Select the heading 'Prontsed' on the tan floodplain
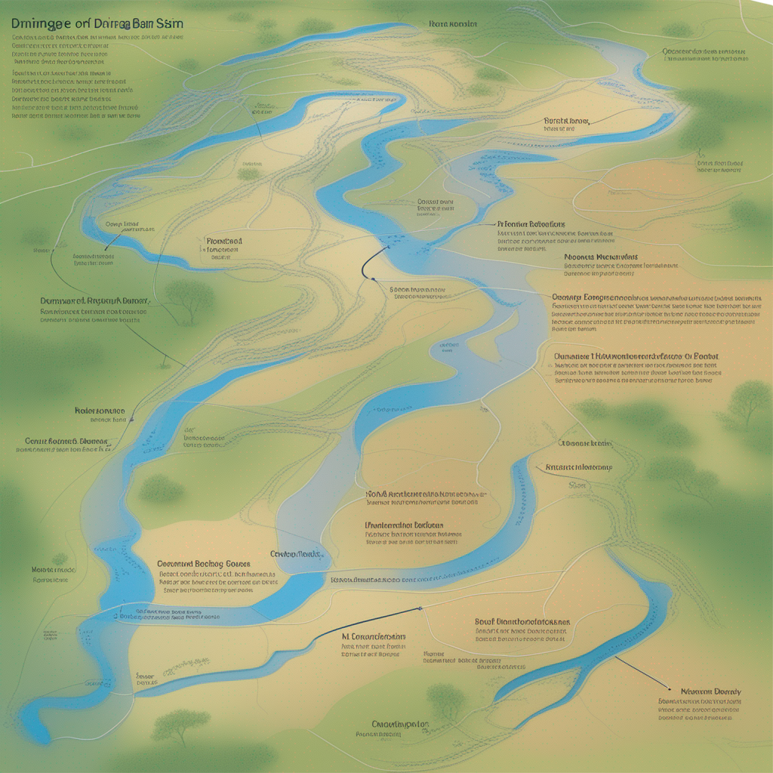coord(223,242)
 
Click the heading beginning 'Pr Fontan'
coord(531,224)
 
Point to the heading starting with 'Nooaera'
coord(601,257)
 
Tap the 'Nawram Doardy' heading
coord(710,691)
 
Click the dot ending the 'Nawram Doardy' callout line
coord(670,688)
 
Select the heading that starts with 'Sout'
coord(522,621)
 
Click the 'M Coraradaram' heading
coord(374,636)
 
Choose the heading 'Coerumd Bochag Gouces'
coord(203,563)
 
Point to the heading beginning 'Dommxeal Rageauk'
coord(94,300)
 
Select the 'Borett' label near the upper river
coord(566,120)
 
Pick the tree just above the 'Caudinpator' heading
coord(445,698)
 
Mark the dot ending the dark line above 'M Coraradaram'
coord(417,608)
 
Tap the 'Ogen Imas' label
coord(122,224)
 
